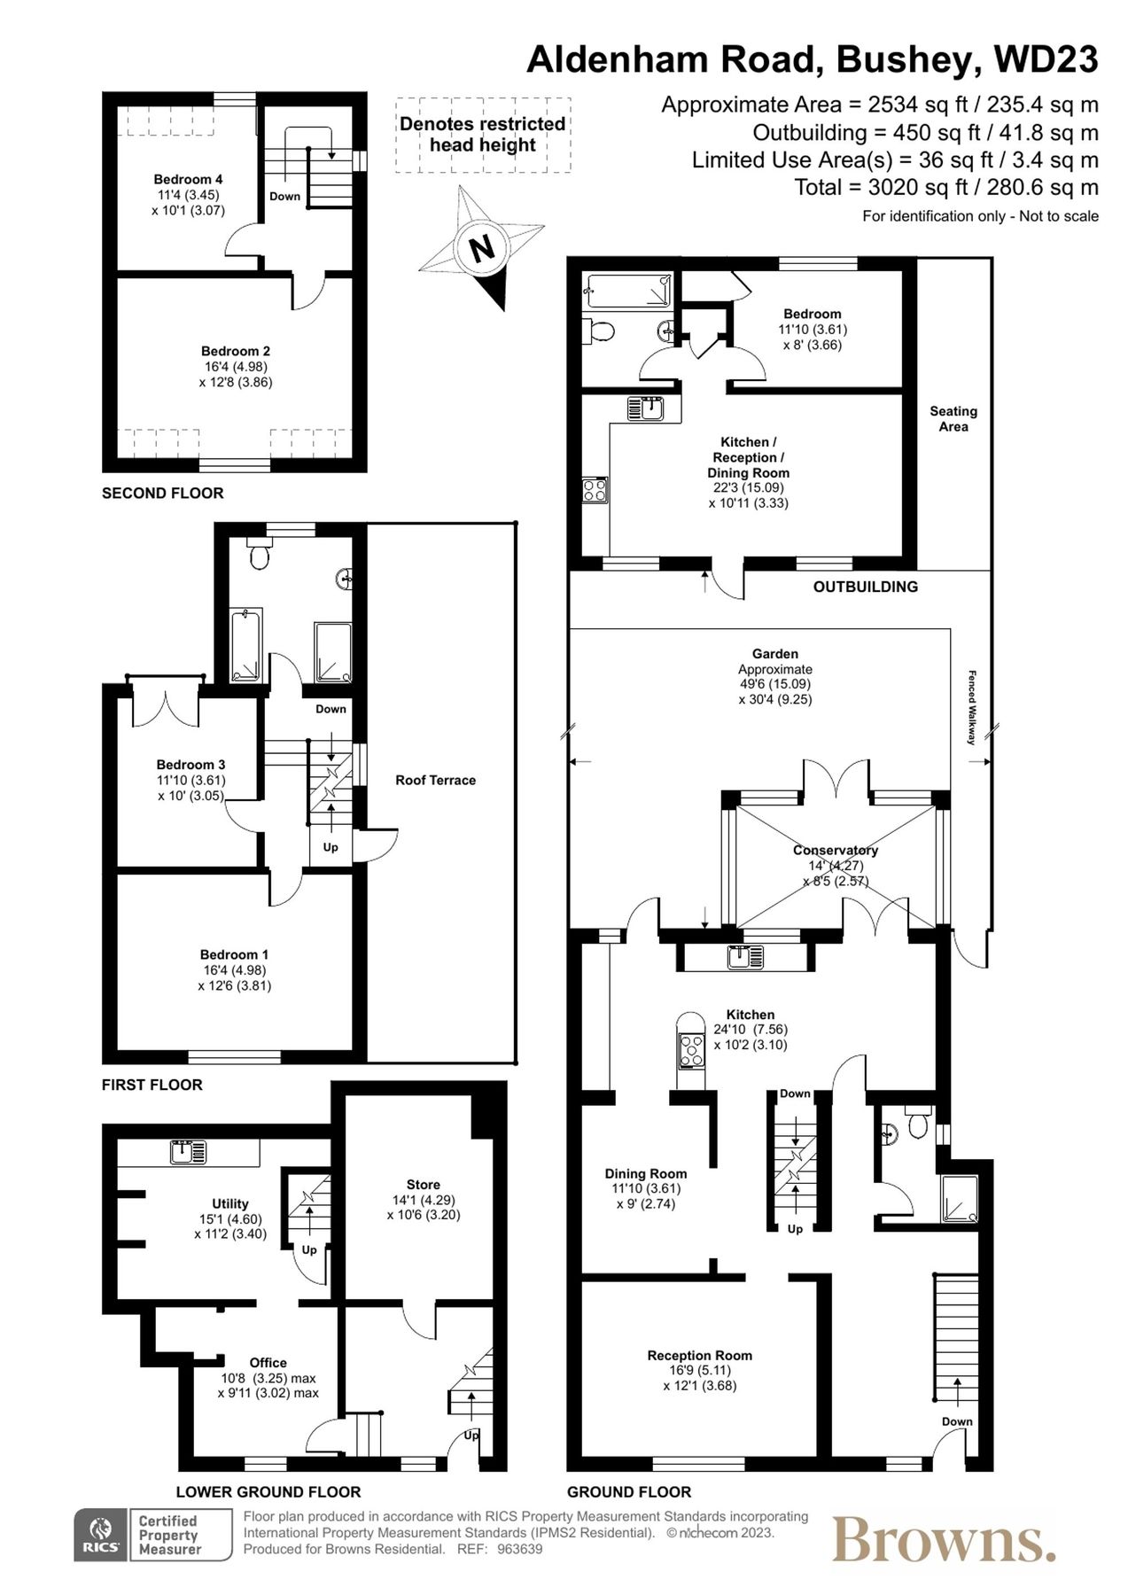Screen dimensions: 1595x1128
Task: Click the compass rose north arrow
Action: pyautogui.click(x=481, y=247)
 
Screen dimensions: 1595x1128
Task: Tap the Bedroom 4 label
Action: pyautogui.click(x=188, y=179)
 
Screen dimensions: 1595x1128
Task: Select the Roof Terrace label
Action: pyautogui.click(x=435, y=780)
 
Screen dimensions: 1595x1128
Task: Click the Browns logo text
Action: pyautogui.click(x=944, y=1540)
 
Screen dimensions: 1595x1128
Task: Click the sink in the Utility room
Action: pyautogui.click(x=188, y=1152)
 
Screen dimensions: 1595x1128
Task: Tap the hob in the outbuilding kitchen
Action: pyautogui.click(x=595, y=490)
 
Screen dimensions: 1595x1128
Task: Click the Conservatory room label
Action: pyautogui.click(x=836, y=850)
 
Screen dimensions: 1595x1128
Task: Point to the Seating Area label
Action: pyautogui.click(x=953, y=418)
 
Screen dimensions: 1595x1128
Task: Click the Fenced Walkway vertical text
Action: pyautogui.click(x=972, y=706)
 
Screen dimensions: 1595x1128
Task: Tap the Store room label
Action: pyautogui.click(x=423, y=1184)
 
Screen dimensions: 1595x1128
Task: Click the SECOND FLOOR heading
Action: pyautogui.click(x=163, y=493)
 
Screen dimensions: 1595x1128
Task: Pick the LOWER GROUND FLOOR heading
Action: pyautogui.click(x=268, y=1491)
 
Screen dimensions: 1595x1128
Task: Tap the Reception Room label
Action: pyautogui.click(x=699, y=1355)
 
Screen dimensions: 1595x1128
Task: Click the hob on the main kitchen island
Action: pyautogui.click(x=689, y=1049)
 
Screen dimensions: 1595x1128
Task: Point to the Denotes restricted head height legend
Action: pyautogui.click(x=482, y=135)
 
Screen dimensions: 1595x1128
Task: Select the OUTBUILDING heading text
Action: pyautogui.click(x=865, y=586)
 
